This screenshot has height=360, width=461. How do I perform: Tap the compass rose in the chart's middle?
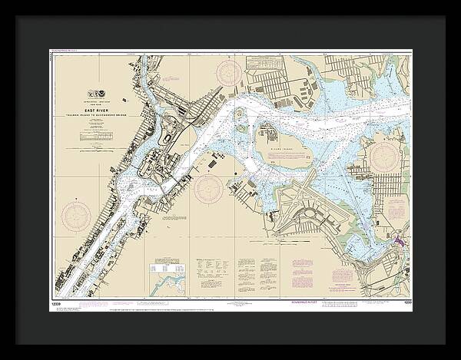pos(209,188)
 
